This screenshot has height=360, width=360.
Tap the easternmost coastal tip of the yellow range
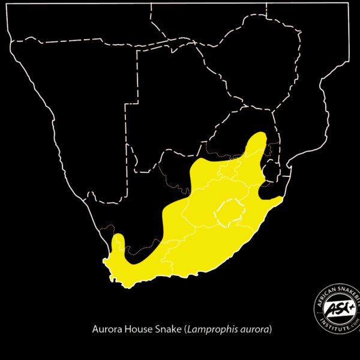click(281, 198)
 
